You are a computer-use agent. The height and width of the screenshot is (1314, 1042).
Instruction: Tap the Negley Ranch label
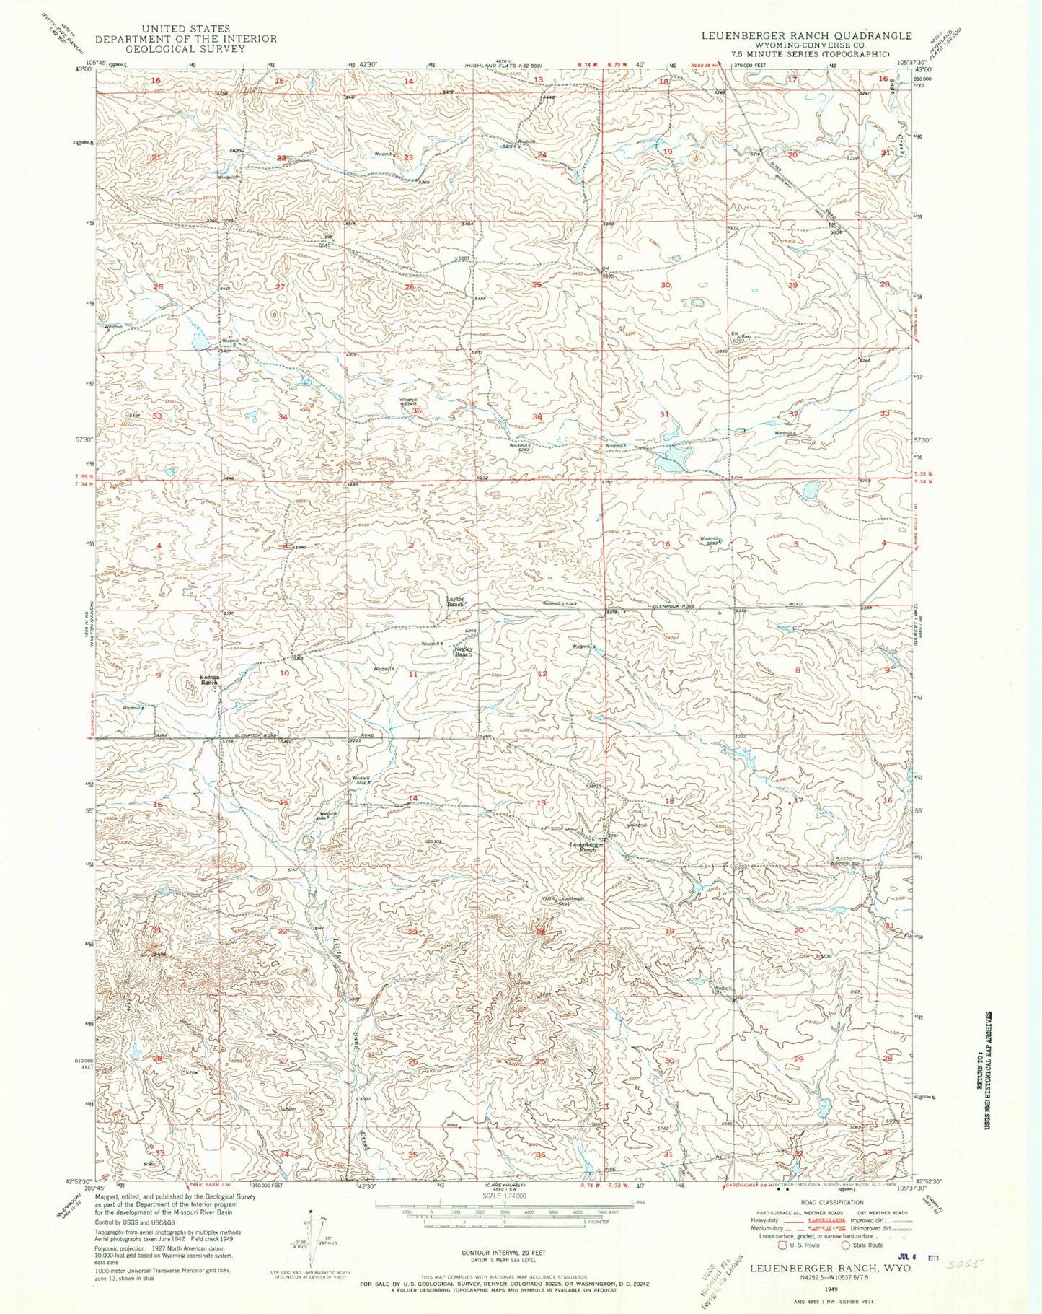click(x=462, y=651)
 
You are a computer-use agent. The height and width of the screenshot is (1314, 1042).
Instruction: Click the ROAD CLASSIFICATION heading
click(x=832, y=1202)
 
